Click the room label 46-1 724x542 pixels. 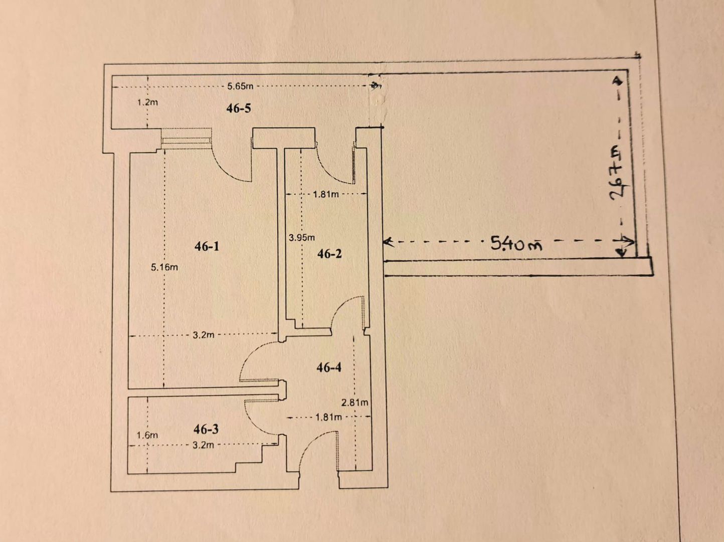(x=207, y=246)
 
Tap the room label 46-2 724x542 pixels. (x=329, y=254)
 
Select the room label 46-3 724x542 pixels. (x=206, y=429)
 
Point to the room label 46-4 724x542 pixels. (x=329, y=368)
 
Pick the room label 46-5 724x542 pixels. (x=239, y=108)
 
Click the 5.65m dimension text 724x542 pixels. (x=240, y=86)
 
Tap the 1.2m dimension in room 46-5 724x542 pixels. (x=147, y=102)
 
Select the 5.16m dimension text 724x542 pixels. (x=164, y=267)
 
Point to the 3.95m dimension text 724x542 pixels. (x=301, y=237)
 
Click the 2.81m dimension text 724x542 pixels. (x=355, y=402)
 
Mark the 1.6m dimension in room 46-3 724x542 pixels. (x=147, y=435)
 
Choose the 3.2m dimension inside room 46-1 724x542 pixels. (x=204, y=335)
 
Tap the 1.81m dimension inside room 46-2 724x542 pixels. (x=326, y=194)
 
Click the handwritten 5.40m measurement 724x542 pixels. (x=516, y=244)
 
